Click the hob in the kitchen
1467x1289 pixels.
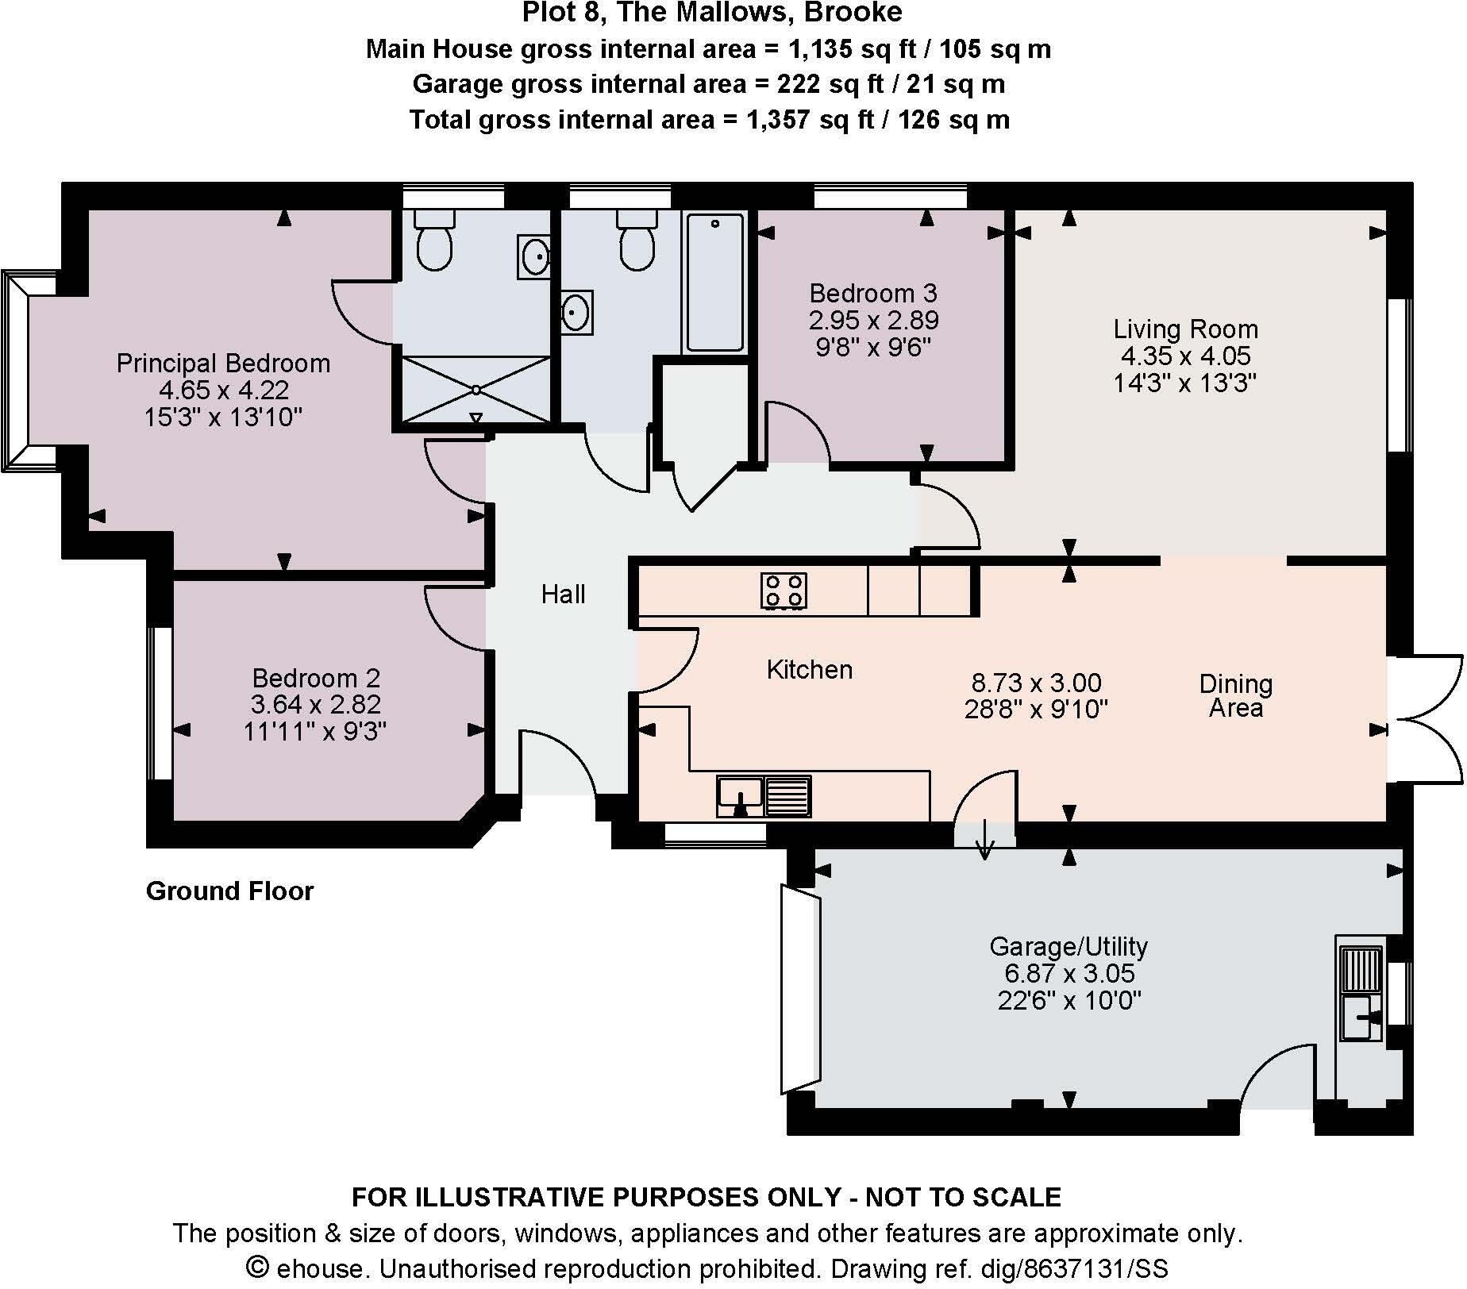784,591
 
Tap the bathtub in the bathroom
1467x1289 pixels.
715,282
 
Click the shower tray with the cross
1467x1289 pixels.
475,390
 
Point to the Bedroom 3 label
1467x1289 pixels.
872,294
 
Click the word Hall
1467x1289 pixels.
563,594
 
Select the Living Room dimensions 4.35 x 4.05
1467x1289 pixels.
1185,356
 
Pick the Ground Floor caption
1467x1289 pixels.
229,891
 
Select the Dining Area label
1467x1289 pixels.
1235,695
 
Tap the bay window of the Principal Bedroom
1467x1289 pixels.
17,371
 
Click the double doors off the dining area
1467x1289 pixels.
1426,718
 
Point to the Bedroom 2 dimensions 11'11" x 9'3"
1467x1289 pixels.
314,731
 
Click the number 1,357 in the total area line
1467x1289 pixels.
776,120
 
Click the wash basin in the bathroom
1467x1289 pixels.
575,312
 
